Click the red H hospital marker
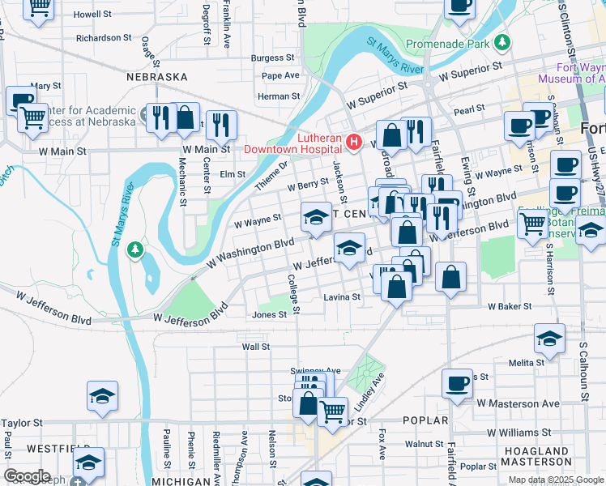[x=353, y=143]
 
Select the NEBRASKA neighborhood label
[x=157, y=77]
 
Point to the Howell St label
[x=92, y=15]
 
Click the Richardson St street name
[x=104, y=37]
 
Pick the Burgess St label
[x=272, y=58]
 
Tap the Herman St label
[x=279, y=96]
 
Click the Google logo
[x=27, y=476]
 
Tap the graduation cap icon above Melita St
[x=549, y=338]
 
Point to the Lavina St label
[x=343, y=297]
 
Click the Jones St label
[x=270, y=315]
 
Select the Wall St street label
[x=255, y=346]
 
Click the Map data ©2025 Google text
[x=555, y=480]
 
